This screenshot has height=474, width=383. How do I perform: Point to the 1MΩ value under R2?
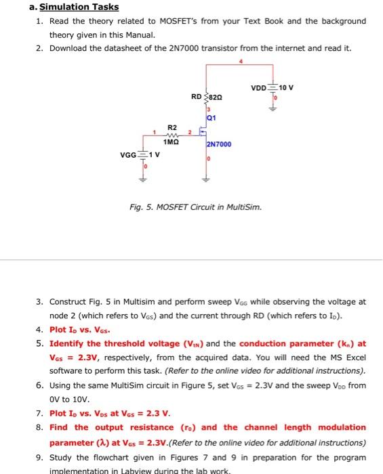click(171, 142)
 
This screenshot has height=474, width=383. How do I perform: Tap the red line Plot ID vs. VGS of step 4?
click(81, 329)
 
